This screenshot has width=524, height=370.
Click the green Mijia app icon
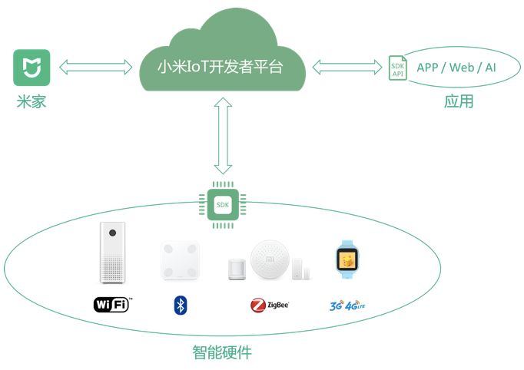(32, 68)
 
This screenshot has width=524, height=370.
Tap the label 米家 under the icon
(32, 101)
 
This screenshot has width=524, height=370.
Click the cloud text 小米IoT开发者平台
(221, 68)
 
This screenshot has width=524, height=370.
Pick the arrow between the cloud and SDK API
(347, 68)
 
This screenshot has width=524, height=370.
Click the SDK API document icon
(396, 68)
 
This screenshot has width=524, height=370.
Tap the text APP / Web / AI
(456, 68)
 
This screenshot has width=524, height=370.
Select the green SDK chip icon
(223, 205)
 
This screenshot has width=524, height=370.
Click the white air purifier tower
(111, 253)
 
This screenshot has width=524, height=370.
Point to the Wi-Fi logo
(112, 305)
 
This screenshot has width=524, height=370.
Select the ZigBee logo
(269, 306)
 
